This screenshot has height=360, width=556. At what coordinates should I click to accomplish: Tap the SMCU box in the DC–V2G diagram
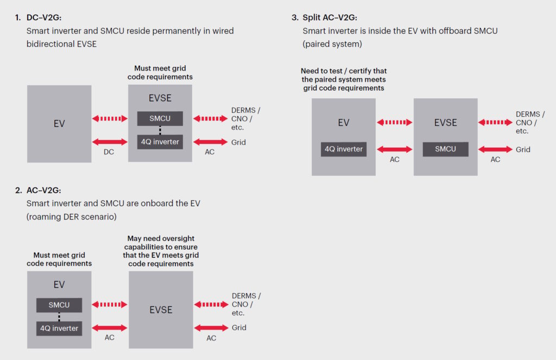pos(160,118)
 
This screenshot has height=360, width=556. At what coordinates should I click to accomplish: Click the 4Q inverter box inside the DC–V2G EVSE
pos(160,142)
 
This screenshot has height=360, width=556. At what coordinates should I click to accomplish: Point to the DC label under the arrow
pos(109,152)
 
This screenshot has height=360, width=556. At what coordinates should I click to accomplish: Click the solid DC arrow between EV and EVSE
pos(110,142)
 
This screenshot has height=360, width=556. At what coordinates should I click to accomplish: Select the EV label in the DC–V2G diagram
pos(59,124)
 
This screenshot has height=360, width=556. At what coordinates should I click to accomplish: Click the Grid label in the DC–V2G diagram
pos(238,142)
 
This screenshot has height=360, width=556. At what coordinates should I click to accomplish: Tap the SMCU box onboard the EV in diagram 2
pos(59,305)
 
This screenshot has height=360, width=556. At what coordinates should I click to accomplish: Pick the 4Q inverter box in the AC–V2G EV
pos(59,328)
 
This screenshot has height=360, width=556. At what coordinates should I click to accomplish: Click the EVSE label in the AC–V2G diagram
pos(161,310)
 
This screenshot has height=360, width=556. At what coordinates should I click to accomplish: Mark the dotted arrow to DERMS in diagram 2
pos(211,305)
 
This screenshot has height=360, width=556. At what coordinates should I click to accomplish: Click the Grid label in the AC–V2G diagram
pos(239,327)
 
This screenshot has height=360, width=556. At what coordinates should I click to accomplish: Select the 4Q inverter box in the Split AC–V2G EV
pos(344,149)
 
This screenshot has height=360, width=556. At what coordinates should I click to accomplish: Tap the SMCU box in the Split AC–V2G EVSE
pos(445,149)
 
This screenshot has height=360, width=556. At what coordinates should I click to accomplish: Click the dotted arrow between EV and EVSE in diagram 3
pos(395,122)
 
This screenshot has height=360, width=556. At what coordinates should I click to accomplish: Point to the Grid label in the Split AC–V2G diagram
pos(523,149)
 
